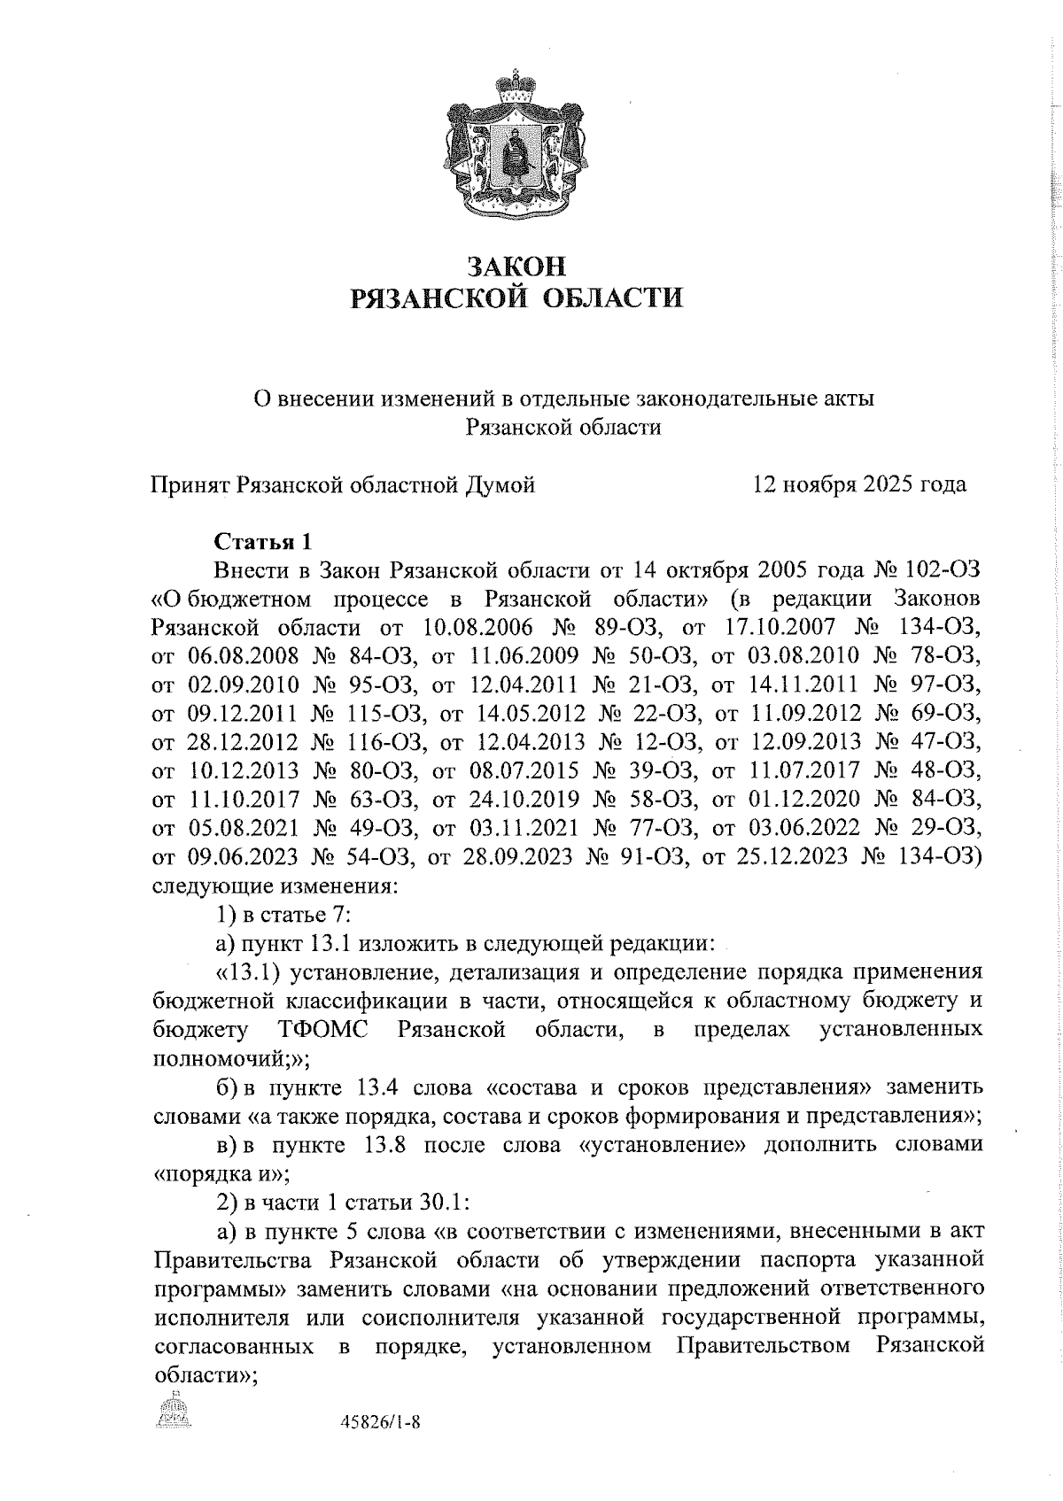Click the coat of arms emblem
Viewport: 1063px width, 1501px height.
517,146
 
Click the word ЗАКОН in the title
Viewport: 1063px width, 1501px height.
516,266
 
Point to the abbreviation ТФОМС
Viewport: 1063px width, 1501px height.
322,1030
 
